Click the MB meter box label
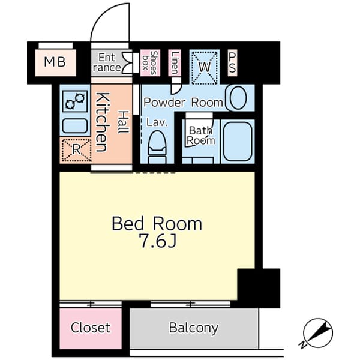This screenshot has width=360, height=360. [55, 62]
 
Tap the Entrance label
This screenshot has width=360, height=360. [107, 62]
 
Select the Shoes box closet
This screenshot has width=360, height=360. [150, 62]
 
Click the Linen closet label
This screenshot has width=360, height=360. [175, 62]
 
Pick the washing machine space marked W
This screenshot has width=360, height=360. [205, 67]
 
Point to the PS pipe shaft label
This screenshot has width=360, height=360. [232, 62]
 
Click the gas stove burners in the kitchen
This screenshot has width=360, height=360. [75, 101]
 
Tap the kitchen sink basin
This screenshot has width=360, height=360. [75, 126]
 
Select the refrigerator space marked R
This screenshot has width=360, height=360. [76, 150]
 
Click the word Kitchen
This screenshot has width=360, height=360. [102, 122]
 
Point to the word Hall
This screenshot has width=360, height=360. [123, 122]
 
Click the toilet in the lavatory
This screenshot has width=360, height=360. [157, 147]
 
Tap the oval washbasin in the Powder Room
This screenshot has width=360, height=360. [238, 98]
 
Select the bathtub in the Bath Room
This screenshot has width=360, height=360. [238, 142]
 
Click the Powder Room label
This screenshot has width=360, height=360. [183, 103]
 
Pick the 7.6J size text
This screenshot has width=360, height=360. [158, 241]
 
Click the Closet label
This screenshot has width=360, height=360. [91, 328]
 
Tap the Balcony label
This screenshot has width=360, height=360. [194, 328]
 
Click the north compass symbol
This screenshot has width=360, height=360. [317, 333]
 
